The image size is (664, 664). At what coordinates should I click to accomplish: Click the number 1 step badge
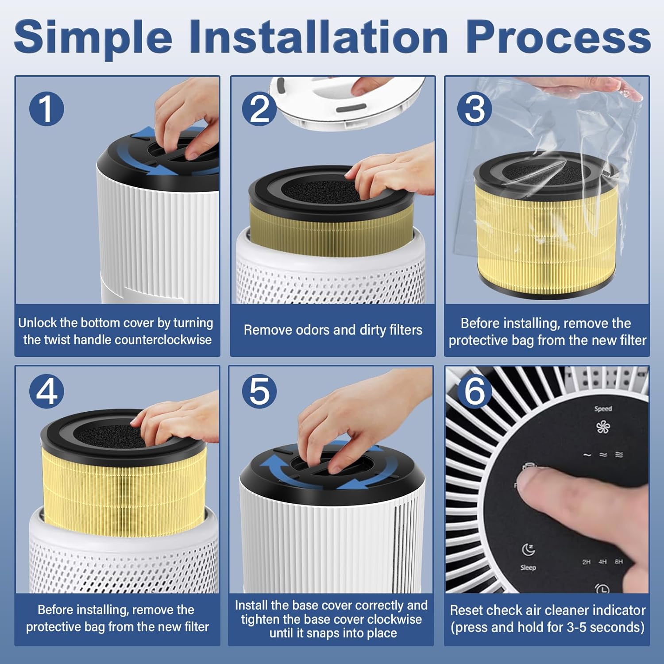tap(46, 109)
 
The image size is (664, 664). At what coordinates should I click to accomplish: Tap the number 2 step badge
tap(259, 109)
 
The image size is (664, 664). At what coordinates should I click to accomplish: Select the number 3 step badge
tap(475, 109)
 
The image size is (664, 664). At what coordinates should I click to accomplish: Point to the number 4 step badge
tap(46, 392)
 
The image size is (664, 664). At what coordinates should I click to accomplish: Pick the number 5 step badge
tap(259, 392)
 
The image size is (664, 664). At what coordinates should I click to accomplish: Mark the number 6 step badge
tap(475, 392)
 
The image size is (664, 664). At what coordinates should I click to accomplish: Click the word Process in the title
tap(558, 38)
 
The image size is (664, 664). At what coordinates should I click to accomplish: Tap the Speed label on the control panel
tap(603, 409)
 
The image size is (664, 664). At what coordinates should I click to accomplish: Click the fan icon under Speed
tap(603, 427)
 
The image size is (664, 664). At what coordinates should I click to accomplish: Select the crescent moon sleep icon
tap(528, 549)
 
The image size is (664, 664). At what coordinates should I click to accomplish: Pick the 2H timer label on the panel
tap(587, 562)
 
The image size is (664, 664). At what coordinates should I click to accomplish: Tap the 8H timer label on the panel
tap(618, 562)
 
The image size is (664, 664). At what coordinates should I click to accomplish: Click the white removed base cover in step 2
tap(347, 102)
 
